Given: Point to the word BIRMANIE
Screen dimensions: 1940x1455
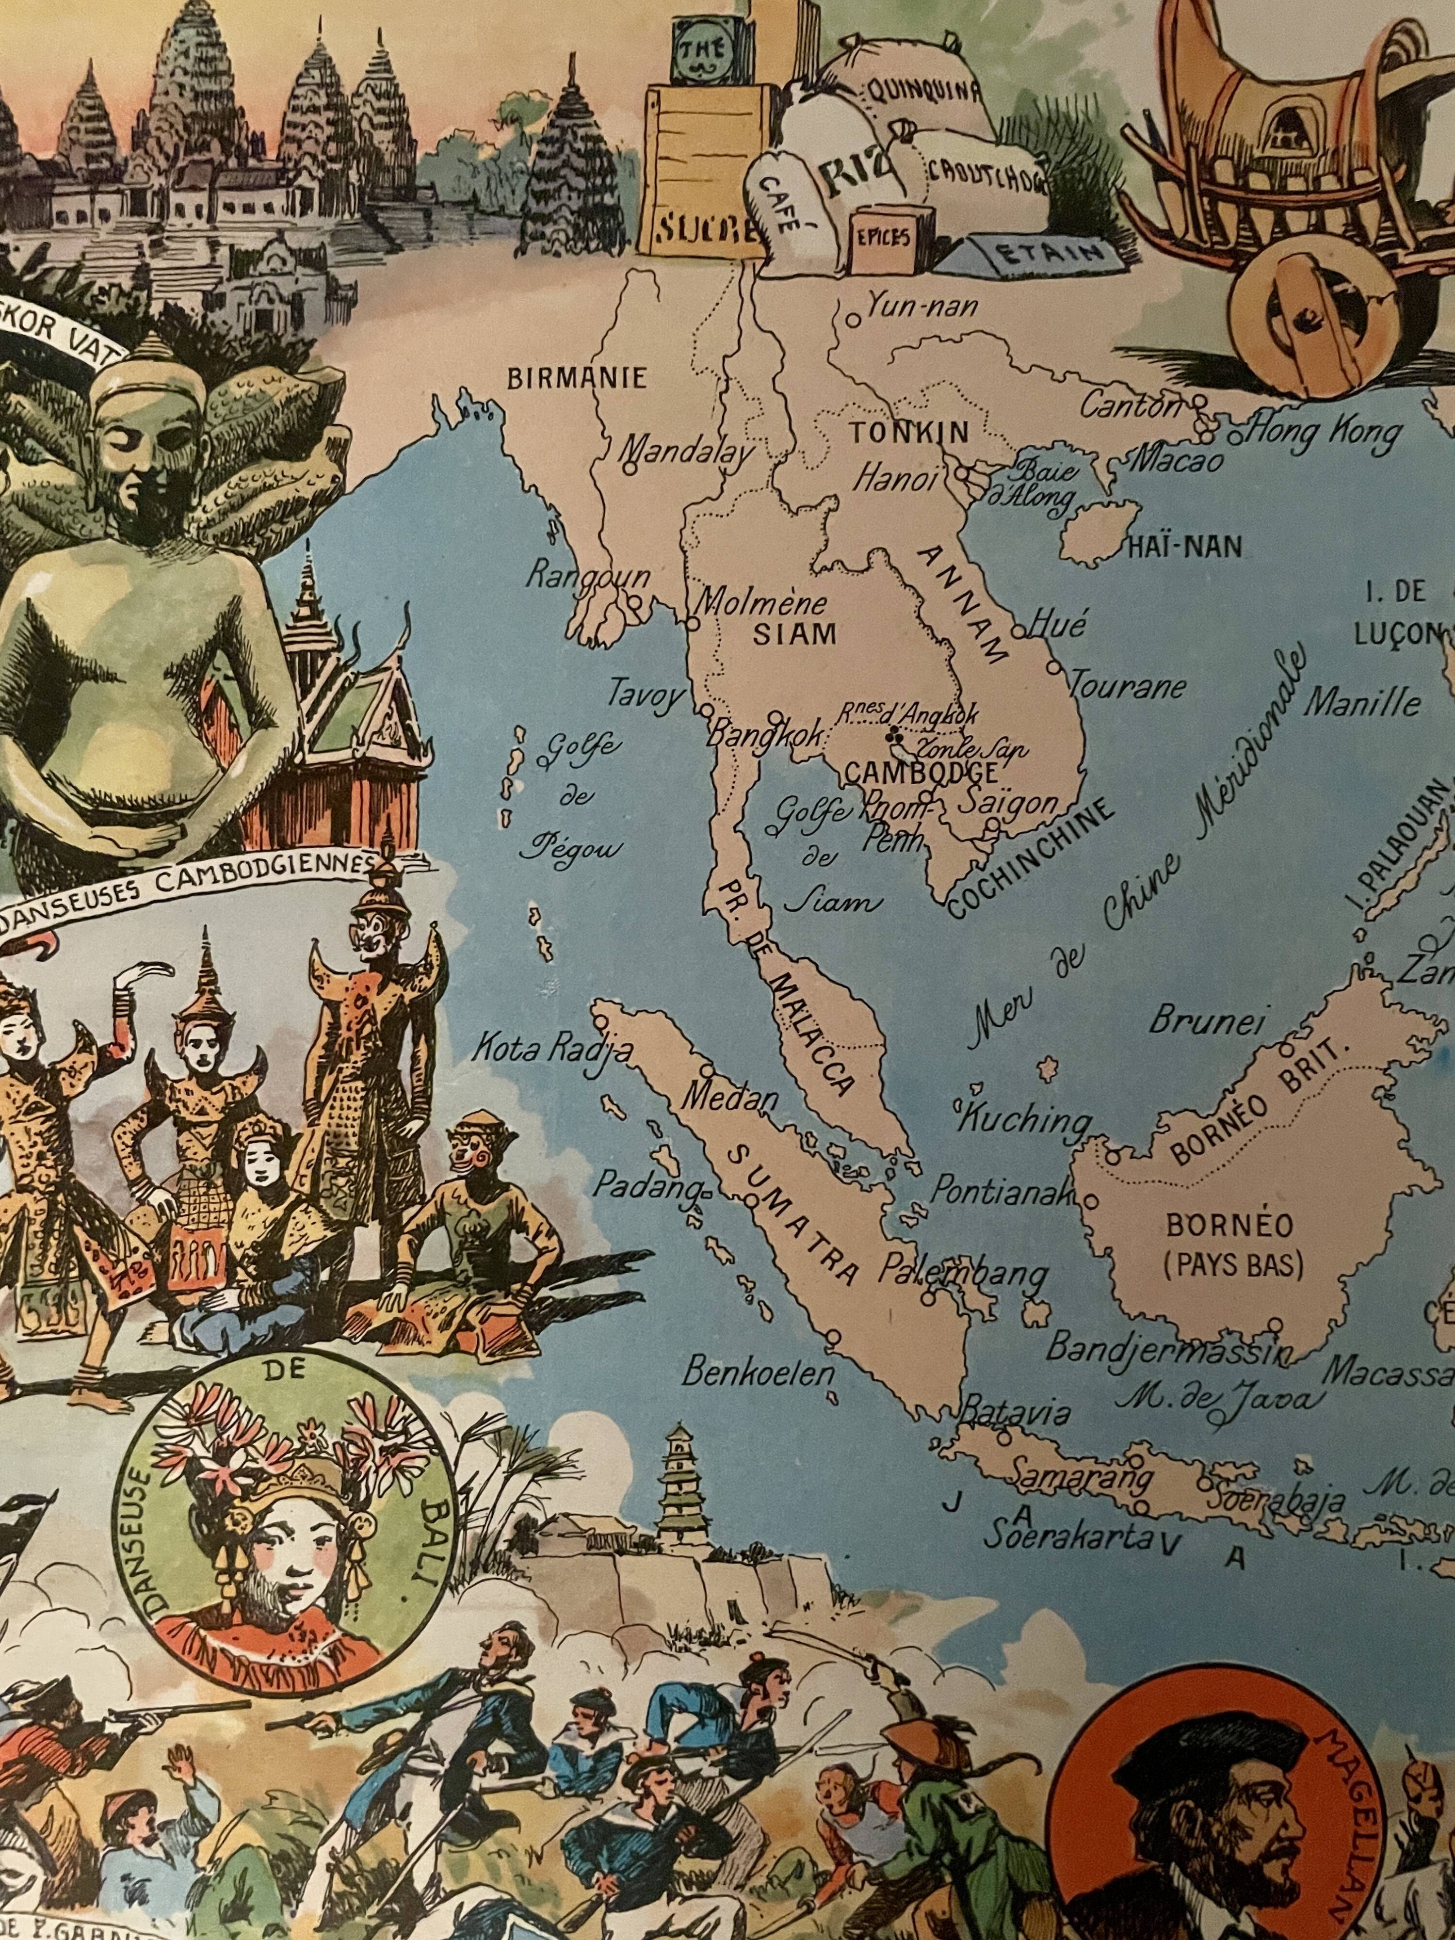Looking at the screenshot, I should coord(577,378).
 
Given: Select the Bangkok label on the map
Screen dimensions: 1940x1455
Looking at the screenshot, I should coord(766,734).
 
